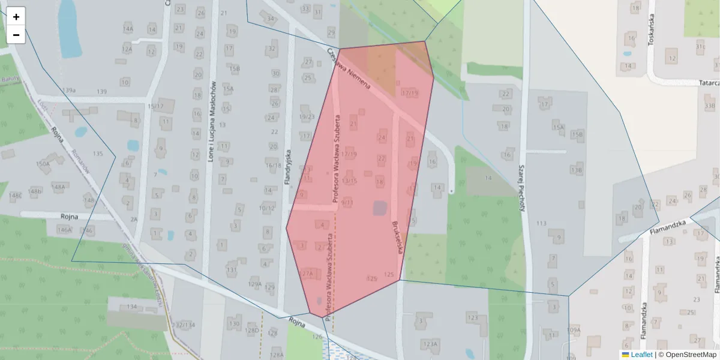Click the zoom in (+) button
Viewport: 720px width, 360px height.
16,17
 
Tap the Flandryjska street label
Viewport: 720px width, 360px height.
289,166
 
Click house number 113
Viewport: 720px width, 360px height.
542,223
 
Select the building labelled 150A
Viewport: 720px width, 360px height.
43,163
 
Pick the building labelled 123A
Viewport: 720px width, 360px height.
430,344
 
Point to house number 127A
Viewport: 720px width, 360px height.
307,273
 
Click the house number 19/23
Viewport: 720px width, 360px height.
307,117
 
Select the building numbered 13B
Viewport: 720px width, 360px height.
577,170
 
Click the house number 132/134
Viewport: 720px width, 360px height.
184,325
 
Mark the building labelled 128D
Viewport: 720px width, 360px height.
252,330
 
